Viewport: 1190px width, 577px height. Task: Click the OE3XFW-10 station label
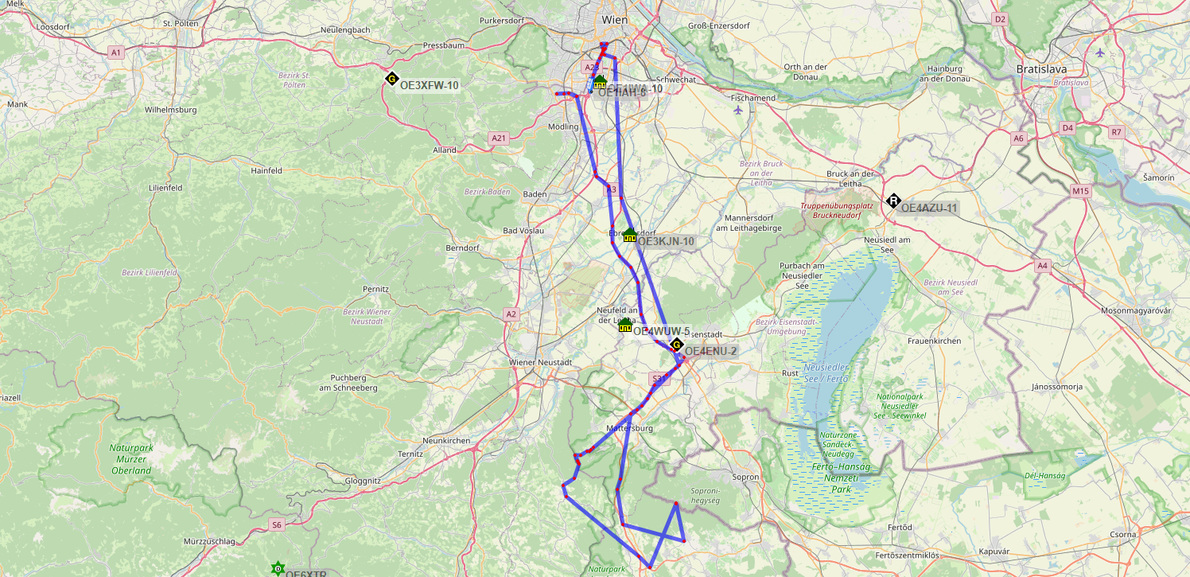430,85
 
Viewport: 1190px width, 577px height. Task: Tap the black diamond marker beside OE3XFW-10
391,79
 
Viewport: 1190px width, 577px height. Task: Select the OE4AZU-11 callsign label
928,208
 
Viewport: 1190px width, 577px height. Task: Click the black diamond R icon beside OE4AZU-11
893,201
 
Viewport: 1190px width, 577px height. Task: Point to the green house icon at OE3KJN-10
629,235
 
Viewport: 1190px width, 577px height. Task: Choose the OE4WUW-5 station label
661,331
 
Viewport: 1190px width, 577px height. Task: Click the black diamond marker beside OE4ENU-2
676,345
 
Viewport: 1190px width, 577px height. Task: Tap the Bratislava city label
1041,69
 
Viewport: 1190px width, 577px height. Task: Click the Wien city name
615,19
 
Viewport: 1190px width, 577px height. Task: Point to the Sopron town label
746,477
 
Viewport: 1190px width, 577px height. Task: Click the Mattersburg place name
629,428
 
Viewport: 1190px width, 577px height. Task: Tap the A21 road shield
499,138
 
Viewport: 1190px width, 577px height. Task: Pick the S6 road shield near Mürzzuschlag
276,524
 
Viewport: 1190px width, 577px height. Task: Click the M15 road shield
1080,191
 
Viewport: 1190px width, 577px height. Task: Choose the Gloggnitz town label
364,481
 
